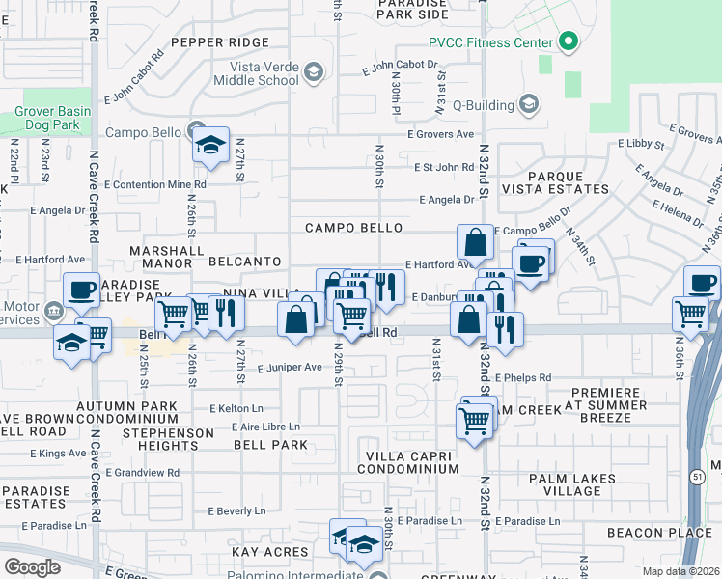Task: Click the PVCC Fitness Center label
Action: tap(491, 42)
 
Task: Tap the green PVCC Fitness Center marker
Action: tap(569, 42)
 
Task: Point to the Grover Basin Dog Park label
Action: tap(52, 118)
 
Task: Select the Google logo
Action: tap(32, 566)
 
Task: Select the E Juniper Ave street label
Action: tap(289, 367)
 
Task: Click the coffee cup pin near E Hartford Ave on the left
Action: tap(82, 290)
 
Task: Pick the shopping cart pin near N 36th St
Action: tap(691, 314)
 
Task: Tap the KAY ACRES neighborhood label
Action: tap(269, 552)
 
